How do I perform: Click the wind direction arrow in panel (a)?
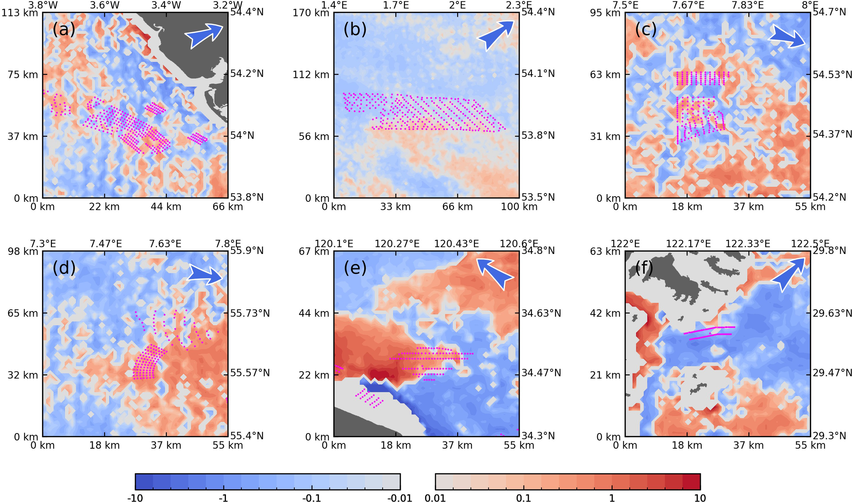[x=203, y=35]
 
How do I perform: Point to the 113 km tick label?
[x=20, y=13]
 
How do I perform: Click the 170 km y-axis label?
[x=311, y=13]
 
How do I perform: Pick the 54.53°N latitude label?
[x=832, y=74]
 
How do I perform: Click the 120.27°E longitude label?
[x=397, y=244]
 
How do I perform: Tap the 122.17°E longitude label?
[x=688, y=244]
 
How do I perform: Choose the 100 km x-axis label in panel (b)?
[x=519, y=206]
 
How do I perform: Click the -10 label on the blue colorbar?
[x=135, y=498]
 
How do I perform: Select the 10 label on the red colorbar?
[x=700, y=498]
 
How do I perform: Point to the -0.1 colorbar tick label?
[x=311, y=498]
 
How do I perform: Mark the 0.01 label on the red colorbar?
[x=435, y=498]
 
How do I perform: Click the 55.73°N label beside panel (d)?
[x=250, y=313]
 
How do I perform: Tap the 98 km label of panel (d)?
[x=23, y=252]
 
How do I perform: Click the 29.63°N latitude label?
[x=832, y=313]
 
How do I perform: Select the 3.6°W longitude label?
[x=105, y=5]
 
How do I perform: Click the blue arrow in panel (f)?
[x=788, y=274]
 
